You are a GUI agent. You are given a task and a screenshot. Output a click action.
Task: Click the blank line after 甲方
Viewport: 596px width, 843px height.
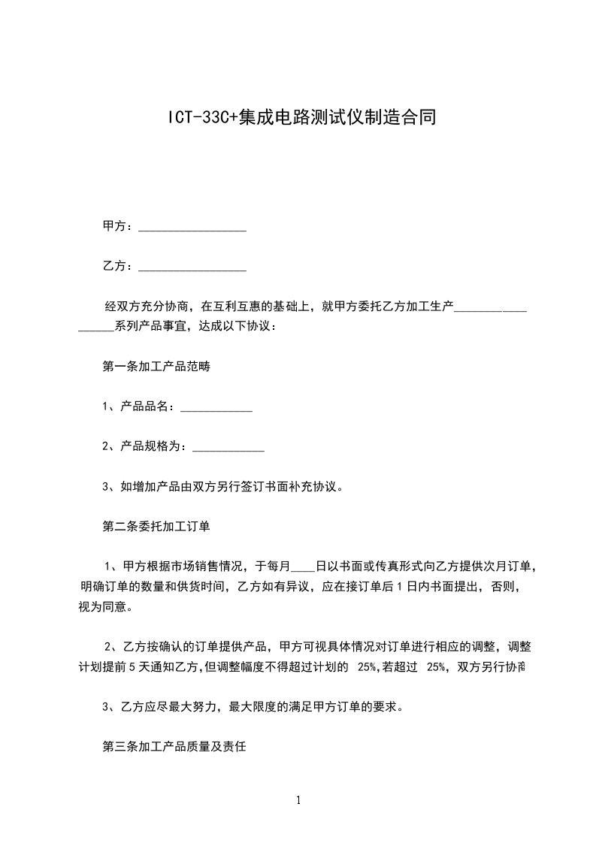[192, 228]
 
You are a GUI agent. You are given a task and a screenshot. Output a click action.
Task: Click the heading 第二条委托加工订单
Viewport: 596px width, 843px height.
[156, 527]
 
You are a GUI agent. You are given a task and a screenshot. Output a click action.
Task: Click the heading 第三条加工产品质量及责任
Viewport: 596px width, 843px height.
[174, 748]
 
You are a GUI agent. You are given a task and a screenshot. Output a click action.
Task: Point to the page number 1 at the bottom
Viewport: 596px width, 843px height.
[299, 800]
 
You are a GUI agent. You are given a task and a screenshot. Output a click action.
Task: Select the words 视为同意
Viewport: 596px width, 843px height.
[102, 606]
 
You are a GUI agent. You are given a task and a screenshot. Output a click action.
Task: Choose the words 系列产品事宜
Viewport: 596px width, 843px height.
[150, 327]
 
